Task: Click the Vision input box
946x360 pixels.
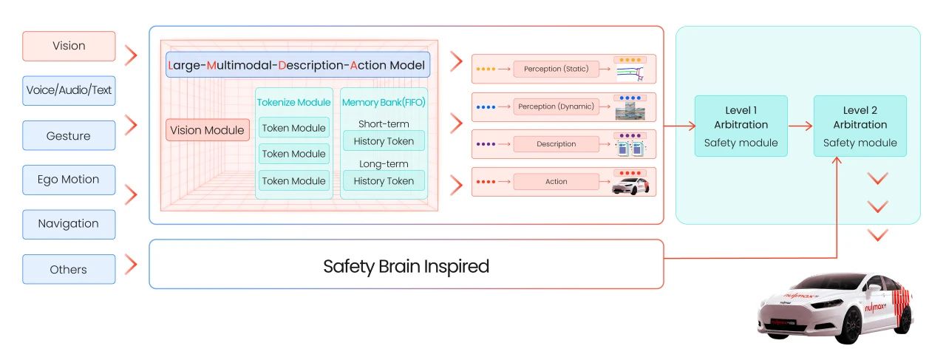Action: click(x=69, y=46)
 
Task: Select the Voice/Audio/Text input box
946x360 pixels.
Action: click(x=69, y=90)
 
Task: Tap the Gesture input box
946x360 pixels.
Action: click(x=69, y=136)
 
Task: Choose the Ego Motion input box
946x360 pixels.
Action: click(x=69, y=180)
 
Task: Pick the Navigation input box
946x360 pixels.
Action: click(x=69, y=224)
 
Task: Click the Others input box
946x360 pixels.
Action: click(x=69, y=269)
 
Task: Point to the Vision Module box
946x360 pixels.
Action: click(x=207, y=130)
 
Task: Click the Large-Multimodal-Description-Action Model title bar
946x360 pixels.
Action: click(x=298, y=65)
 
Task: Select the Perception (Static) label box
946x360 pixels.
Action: click(x=556, y=69)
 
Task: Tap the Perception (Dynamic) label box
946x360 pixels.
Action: click(x=556, y=106)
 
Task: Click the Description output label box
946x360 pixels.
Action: click(x=556, y=144)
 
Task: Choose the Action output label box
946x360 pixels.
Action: click(x=556, y=181)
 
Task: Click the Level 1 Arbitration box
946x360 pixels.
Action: click(x=741, y=126)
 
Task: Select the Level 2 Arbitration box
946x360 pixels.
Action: click(x=860, y=126)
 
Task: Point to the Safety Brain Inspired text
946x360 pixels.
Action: click(x=406, y=266)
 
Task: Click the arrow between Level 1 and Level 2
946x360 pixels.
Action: click(x=800, y=126)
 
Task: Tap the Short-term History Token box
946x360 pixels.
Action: click(x=384, y=140)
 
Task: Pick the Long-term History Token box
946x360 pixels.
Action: click(x=384, y=180)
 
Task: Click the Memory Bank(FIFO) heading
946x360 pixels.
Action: click(x=384, y=102)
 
